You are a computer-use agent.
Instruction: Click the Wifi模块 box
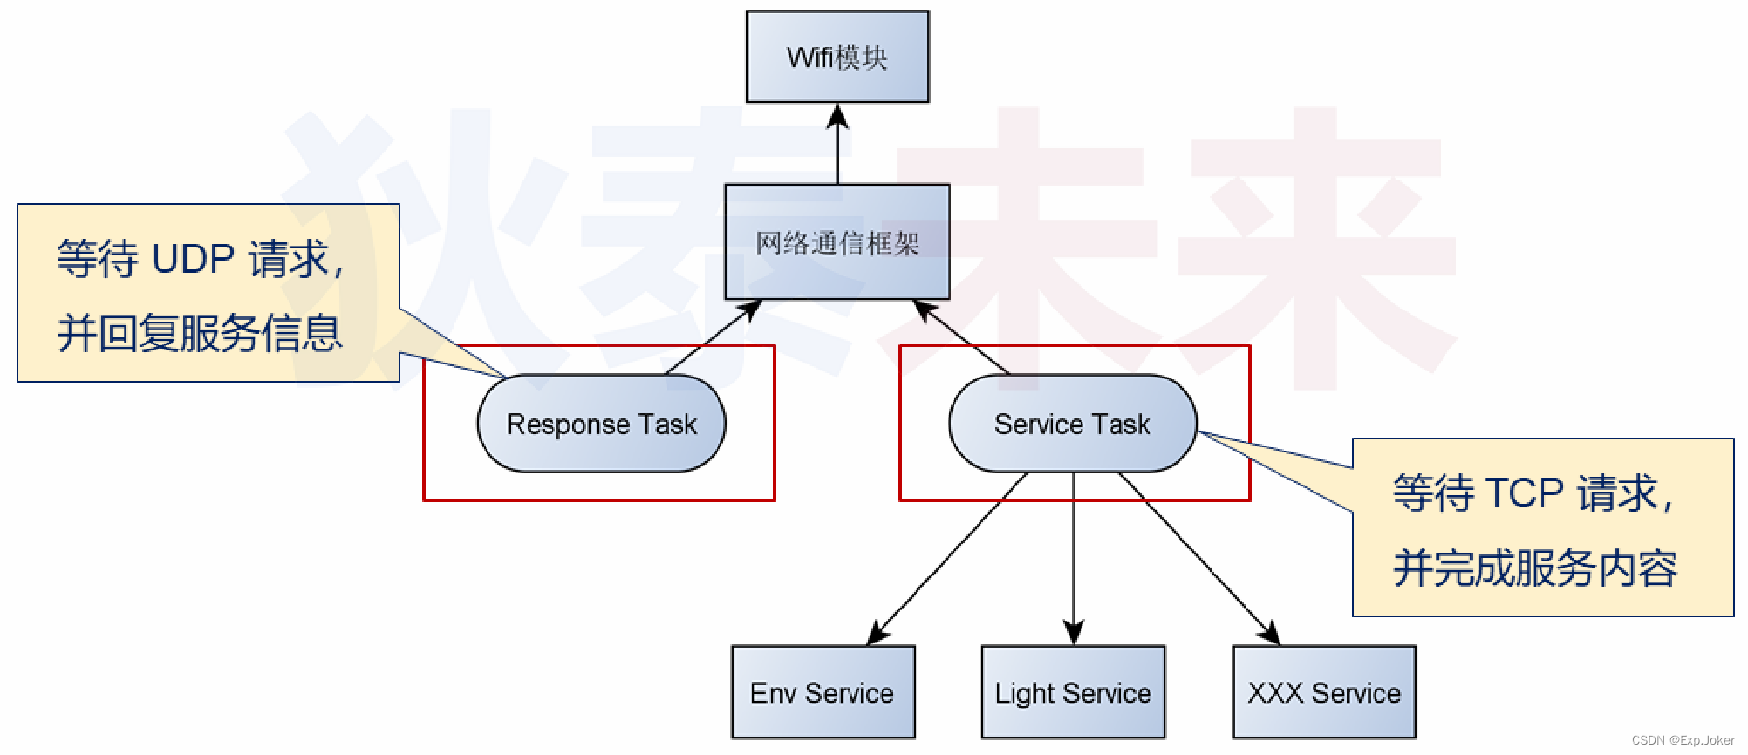pos(837,57)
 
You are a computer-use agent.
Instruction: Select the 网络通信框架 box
pos(837,241)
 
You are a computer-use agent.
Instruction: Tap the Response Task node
pos(602,425)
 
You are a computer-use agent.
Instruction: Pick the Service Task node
pos(1073,425)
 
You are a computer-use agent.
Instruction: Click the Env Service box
pos(823,693)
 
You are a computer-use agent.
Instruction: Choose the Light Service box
pos(1073,693)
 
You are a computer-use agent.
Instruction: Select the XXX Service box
pos(1324,693)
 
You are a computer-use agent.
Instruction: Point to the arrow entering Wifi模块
pos(838,144)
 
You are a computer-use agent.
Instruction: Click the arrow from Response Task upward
pos(711,338)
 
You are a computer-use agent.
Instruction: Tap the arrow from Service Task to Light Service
pos(1074,558)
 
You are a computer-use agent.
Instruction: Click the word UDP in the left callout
pos(193,260)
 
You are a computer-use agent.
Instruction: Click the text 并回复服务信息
pos(200,334)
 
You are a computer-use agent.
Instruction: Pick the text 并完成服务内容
pos(1535,568)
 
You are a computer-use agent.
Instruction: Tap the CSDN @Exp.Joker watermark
pos(1683,740)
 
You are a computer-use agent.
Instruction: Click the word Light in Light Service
pos(1025,694)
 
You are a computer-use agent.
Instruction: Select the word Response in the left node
pos(568,425)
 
